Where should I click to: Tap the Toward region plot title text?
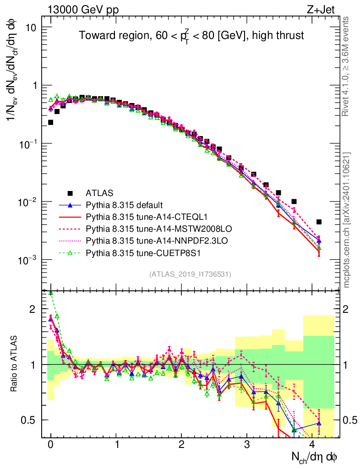click(191, 35)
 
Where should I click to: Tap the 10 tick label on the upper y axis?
click(30, 27)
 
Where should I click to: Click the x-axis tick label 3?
click(247, 445)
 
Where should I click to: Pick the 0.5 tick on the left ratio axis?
click(29, 420)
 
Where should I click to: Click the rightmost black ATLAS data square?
click(319, 222)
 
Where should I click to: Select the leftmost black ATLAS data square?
click(50, 122)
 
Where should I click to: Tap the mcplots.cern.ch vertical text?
click(346, 220)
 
